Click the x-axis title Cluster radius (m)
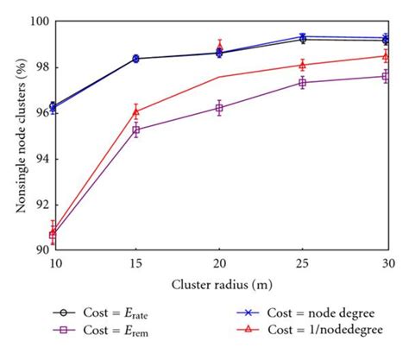click(219, 284)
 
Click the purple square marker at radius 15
click(136, 130)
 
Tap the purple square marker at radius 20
click(219, 108)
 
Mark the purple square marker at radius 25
click(303, 82)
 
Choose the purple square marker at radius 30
click(386, 76)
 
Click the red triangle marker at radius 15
click(136, 111)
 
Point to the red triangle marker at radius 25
click(303, 65)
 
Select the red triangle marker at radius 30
click(386, 56)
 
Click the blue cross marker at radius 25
click(303, 37)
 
